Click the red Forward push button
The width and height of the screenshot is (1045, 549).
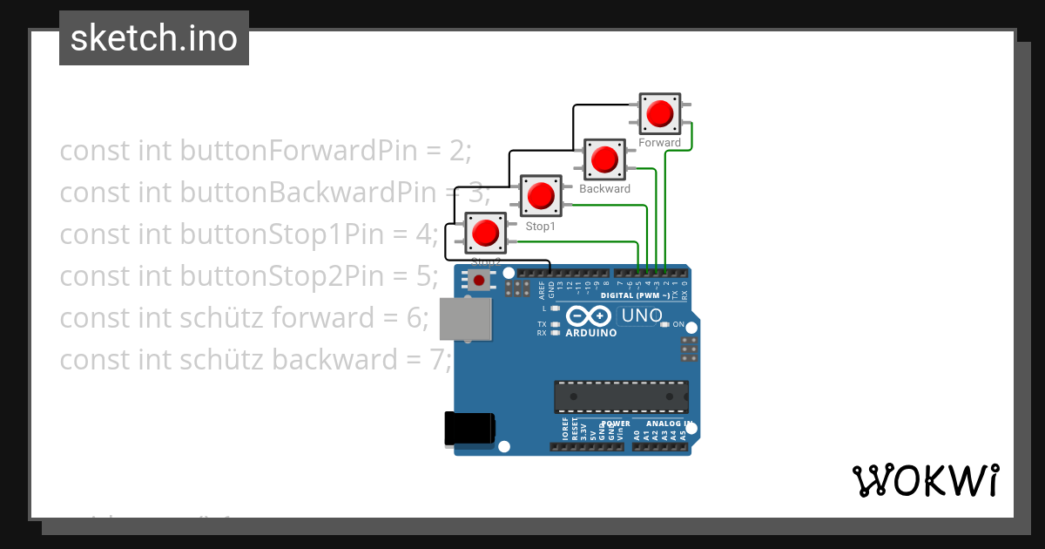coord(659,113)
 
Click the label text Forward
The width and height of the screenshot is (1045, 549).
coord(659,143)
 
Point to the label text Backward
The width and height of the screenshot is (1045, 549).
coord(604,189)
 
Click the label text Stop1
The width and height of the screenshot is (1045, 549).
coord(540,227)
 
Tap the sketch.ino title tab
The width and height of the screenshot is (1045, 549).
coord(154,38)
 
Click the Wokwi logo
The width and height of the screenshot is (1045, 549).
coord(925,480)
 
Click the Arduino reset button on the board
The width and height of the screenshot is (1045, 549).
coord(478,280)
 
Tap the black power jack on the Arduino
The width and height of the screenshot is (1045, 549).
coord(469,428)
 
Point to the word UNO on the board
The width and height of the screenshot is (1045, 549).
coord(641,316)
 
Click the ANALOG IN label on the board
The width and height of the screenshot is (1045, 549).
coord(670,424)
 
